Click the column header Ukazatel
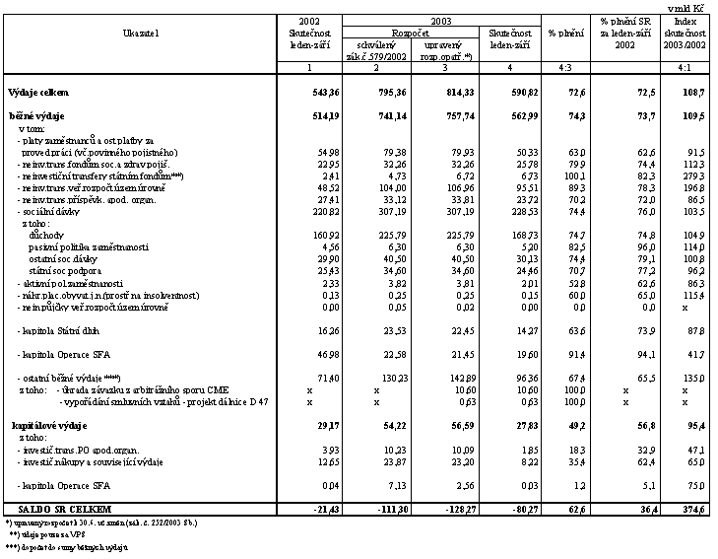click(x=141, y=34)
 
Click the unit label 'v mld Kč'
click(x=693, y=7)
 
